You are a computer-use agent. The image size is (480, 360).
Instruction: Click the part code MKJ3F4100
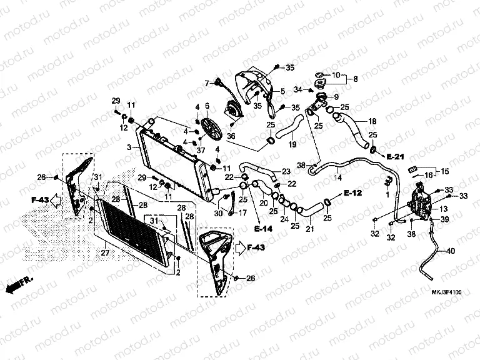point(445,292)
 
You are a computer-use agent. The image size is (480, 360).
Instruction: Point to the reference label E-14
point(264,229)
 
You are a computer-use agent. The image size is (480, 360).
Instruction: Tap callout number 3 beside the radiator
point(127,147)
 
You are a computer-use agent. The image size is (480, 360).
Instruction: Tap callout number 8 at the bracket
point(356,79)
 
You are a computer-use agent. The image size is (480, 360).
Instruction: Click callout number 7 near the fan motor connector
point(206,82)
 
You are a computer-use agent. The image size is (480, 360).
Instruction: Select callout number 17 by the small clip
point(243,213)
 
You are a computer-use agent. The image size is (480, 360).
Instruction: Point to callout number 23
point(286,172)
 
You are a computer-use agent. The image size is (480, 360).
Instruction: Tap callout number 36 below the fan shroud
point(231,136)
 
